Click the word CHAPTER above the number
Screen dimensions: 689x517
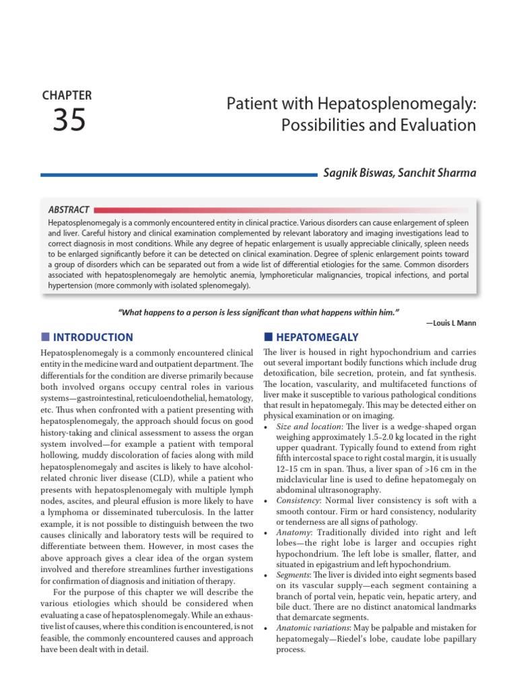67,96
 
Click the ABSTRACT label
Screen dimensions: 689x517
69,210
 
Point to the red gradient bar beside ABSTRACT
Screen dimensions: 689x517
283,210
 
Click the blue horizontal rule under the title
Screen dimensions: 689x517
178,175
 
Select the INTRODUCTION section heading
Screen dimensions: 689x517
93,337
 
